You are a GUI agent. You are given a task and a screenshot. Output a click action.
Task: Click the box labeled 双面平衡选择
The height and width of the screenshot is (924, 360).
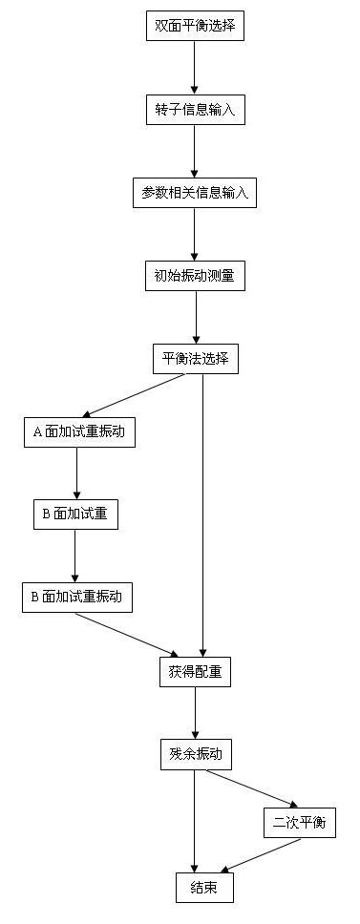click(x=194, y=27)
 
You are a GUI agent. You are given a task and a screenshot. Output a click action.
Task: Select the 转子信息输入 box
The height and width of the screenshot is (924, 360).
click(x=194, y=110)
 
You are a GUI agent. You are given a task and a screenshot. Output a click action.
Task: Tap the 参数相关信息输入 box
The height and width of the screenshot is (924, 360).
click(x=194, y=193)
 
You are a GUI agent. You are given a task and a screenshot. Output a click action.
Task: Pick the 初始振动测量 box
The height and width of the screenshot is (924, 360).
click(x=194, y=276)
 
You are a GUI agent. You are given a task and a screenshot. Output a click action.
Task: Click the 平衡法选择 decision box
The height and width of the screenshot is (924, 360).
click(x=194, y=360)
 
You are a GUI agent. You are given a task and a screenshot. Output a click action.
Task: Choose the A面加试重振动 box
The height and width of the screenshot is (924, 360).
click(x=78, y=431)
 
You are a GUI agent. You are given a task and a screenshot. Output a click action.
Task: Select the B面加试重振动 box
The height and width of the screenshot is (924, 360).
click(x=76, y=598)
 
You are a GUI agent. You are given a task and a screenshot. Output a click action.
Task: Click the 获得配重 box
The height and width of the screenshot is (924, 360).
click(x=194, y=671)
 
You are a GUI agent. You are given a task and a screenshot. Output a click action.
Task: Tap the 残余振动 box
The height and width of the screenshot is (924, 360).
click(x=194, y=754)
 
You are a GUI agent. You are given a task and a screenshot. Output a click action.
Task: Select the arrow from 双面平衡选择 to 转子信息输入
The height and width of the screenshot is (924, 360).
click(x=194, y=68)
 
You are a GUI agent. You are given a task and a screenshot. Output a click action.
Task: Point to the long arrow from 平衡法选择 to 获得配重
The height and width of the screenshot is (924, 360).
click(x=202, y=515)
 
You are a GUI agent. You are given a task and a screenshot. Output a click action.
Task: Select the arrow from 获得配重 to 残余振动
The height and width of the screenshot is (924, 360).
click(x=195, y=712)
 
